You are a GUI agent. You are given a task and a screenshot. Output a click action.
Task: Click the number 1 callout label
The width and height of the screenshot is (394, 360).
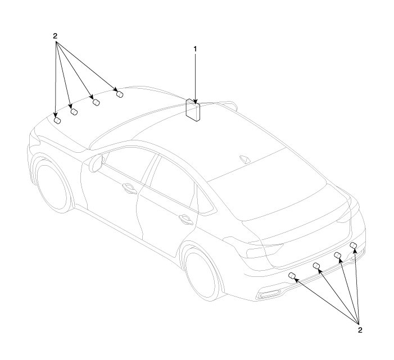195,49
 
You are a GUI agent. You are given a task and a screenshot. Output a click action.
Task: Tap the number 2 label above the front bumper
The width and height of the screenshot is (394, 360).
55,36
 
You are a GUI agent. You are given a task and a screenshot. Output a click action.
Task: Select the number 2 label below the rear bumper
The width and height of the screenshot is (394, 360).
360,330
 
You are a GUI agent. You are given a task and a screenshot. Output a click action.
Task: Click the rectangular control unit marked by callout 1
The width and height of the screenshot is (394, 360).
193,110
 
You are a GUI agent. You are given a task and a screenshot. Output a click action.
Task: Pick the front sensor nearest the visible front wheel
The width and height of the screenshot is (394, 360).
57,121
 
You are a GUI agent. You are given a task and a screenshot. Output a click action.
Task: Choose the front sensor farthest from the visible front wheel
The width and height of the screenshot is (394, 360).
120,94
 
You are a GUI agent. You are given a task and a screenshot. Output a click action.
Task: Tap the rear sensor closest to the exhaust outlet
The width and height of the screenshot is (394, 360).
292,276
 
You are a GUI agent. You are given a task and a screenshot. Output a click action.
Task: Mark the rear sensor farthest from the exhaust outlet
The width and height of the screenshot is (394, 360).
354,245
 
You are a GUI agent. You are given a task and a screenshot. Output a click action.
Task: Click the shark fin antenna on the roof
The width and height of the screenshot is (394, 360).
245,160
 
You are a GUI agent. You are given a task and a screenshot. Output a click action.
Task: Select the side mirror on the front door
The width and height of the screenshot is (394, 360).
96,163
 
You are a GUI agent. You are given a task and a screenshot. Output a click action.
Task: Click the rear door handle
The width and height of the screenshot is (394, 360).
185,218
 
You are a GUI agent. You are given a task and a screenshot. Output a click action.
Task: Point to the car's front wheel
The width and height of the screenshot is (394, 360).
52,184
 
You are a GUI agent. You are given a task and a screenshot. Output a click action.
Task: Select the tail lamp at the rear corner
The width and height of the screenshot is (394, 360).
264,251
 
